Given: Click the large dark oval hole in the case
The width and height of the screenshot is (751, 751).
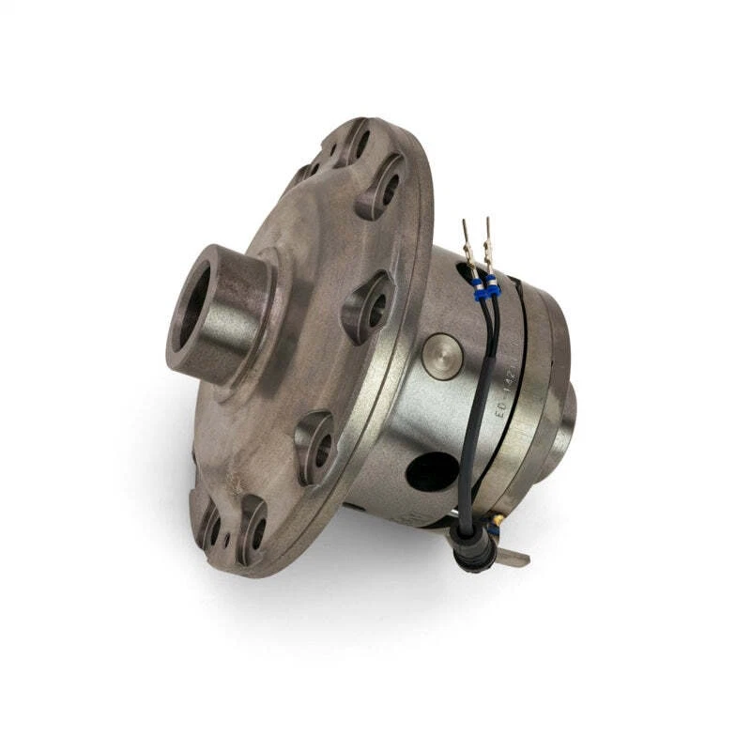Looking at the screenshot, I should point(433,472).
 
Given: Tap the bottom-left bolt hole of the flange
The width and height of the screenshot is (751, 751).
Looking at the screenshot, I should point(211,529).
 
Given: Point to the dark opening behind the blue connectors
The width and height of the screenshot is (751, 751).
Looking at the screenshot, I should point(466,273).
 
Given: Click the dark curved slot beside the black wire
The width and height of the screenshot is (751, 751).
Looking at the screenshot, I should point(508,441).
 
